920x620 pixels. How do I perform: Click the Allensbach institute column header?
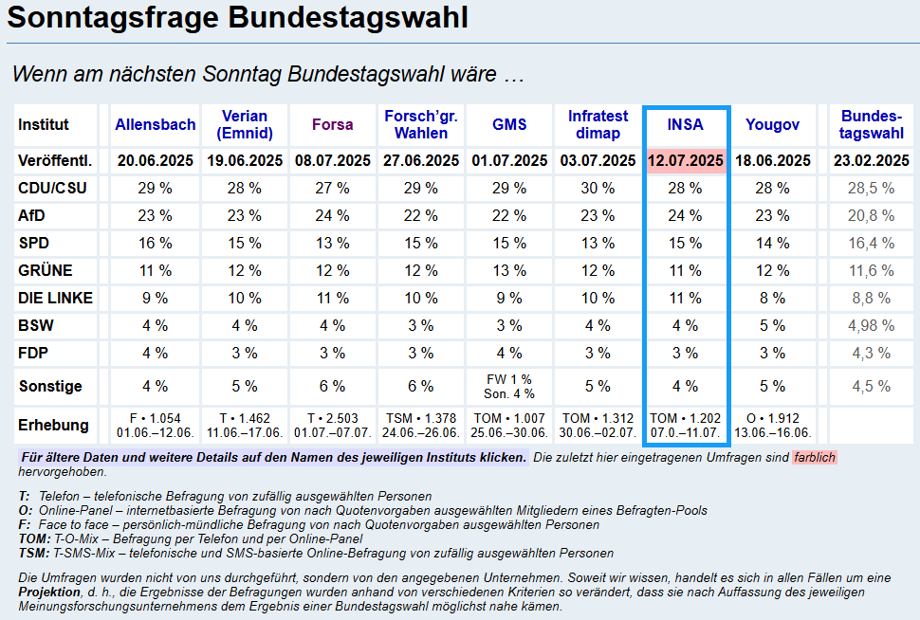pos(156,124)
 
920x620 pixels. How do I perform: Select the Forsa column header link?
pos(332,124)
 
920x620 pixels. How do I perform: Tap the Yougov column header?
pos(772,124)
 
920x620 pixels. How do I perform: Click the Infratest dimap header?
pos(598,124)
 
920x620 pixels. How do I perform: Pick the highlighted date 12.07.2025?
pos(686,160)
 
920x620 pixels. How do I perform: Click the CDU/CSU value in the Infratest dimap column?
pos(598,188)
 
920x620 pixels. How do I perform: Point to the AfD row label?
pos(31,215)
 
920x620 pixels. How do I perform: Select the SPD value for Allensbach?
pos(156,243)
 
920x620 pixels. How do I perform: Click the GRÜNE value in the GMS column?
pos(509,270)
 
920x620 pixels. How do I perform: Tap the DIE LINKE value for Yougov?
pos(772,298)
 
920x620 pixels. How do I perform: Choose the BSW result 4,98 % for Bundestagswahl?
pos(872,325)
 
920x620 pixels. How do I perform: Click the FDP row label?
pos(33,353)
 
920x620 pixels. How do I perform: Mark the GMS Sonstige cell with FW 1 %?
pos(509,380)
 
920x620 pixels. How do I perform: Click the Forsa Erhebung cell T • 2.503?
pos(332,418)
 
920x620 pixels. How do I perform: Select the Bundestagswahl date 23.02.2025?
pos(872,160)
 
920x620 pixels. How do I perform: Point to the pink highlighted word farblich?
pos(815,458)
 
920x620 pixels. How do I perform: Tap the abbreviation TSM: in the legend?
pos(33,553)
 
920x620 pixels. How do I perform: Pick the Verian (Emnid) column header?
pos(244,124)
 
